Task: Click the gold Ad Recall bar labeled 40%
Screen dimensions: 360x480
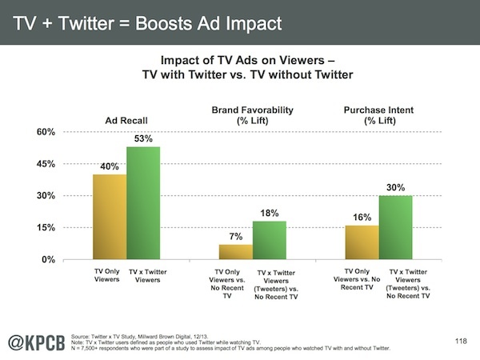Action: pyautogui.click(x=109, y=217)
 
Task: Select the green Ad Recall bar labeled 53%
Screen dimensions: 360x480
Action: pyautogui.click(x=143, y=203)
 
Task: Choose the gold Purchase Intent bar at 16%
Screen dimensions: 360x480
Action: pyautogui.click(x=362, y=242)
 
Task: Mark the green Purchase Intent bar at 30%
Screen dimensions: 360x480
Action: pyautogui.click(x=395, y=227)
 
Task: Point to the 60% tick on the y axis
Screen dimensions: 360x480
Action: pyautogui.click(x=44, y=132)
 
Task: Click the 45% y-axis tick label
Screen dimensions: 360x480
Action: pyautogui.click(x=44, y=164)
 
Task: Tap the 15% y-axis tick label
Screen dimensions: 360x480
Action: pyautogui.click(x=44, y=228)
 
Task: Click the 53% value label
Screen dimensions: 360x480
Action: pyautogui.click(x=143, y=140)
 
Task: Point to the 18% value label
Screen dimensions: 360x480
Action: pyautogui.click(x=270, y=214)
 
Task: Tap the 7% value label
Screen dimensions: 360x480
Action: pyautogui.click(x=236, y=237)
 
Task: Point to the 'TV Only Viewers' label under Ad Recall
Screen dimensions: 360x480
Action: pyautogui.click(x=107, y=276)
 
